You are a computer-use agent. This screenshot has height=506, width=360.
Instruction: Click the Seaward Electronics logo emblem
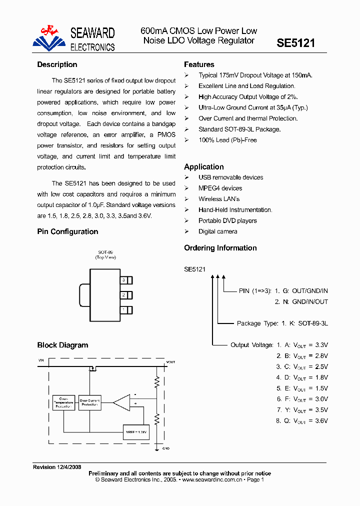tap(49, 37)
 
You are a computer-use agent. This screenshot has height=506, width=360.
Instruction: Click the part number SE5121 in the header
tap(296, 43)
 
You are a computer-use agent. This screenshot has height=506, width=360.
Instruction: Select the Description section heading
tap(57, 64)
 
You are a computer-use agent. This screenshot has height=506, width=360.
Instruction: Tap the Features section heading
tap(199, 64)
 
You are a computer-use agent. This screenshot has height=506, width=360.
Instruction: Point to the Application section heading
tap(204, 167)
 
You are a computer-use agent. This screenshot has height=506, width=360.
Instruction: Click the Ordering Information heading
tap(220, 248)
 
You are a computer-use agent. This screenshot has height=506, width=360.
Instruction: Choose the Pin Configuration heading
tap(67, 231)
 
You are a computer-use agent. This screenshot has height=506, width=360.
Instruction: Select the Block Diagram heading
tap(62, 345)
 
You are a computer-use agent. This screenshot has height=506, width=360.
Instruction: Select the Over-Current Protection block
tap(90, 402)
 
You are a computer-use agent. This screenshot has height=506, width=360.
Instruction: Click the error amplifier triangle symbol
tap(121, 401)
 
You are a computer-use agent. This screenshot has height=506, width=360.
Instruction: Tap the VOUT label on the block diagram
tap(171, 361)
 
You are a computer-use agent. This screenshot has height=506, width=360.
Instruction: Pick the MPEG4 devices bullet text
tap(220, 188)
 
